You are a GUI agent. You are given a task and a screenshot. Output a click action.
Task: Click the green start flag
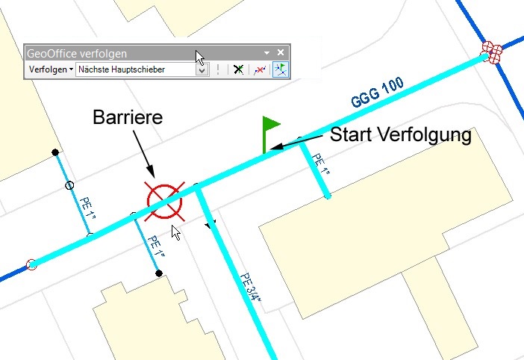coord(269,125)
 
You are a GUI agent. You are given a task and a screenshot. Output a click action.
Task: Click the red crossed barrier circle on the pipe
coord(165,202)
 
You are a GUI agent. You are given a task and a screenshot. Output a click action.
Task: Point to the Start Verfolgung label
coord(400,135)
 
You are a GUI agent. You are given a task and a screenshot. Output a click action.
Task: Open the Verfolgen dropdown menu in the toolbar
coord(51,69)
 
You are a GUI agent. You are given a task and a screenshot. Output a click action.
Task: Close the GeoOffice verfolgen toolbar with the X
coord(281,53)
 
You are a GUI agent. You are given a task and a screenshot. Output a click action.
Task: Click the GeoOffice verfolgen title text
coord(77,54)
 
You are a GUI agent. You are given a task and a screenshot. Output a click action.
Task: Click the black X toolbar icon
coord(238,69)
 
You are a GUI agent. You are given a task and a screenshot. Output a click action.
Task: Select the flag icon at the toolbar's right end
coord(281,69)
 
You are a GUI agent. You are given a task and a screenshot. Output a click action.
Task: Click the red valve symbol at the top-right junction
coord(491,52)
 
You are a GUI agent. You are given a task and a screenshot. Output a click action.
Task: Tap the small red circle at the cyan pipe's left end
coord(31,264)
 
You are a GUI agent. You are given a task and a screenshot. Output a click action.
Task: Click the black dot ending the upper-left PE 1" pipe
coord(55,152)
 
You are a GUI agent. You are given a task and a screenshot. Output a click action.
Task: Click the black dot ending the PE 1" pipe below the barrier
coord(159,273)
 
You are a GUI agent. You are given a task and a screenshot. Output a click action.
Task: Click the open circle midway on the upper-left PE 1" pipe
coord(69,184)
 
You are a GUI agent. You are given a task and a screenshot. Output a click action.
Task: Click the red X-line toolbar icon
coord(259,69)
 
